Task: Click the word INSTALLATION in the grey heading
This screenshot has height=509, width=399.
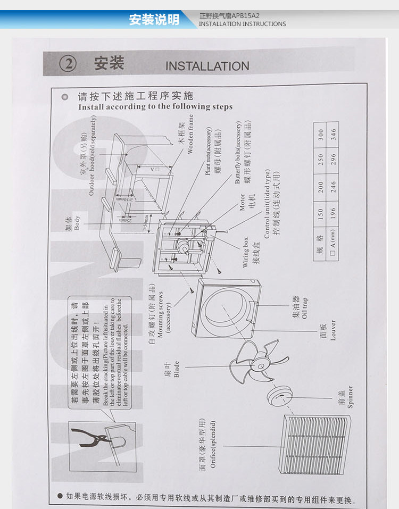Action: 207,66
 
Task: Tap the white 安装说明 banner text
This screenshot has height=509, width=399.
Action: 154,20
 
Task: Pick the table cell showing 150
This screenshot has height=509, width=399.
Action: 320,213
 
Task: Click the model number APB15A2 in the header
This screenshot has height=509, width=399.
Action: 250,16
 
